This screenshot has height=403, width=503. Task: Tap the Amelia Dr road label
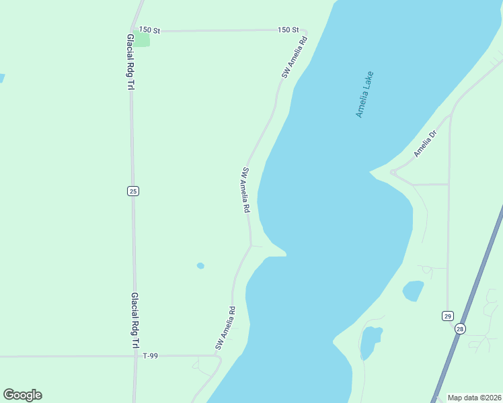coord(425,143)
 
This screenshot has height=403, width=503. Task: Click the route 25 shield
coord(132,191)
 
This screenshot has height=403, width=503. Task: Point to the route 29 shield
coord(447,316)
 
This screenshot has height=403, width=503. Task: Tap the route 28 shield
coord(460,328)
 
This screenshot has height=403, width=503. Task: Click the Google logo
coord(22,395)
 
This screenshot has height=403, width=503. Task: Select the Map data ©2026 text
coord(473,398)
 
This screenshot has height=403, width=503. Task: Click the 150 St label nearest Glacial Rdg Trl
coord(149,30)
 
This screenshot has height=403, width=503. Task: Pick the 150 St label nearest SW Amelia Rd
coord(288,30)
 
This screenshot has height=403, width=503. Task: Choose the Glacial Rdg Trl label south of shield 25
coord(134,320)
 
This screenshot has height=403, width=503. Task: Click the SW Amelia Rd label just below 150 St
coord(294,58)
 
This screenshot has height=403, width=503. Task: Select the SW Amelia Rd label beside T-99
coord(225,328)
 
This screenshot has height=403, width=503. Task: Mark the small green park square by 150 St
coord(142,40)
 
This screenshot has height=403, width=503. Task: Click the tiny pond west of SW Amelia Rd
coord(200,265)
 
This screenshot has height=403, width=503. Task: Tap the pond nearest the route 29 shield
coord(413,291)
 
